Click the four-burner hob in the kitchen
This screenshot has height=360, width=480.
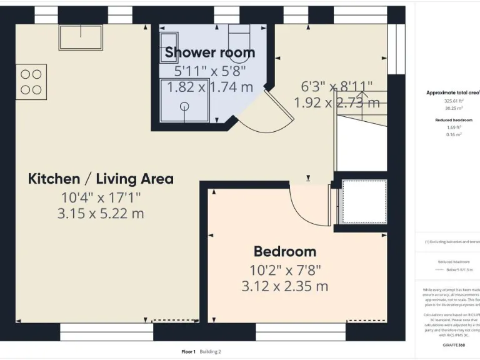coord(29,82)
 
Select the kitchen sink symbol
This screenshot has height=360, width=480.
coord(81,37)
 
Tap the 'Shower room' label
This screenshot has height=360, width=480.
coord(209,53)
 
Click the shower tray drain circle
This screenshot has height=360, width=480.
coord(185,106)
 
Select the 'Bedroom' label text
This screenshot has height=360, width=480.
coord(284,252)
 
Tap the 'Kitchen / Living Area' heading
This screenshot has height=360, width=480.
coord(101,179)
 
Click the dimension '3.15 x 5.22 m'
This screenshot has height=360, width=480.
coord(101,213)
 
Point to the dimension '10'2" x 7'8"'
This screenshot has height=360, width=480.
coord(284,270)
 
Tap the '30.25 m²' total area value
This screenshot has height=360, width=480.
coord(453,107)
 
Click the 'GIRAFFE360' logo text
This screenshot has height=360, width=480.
coord(453,344)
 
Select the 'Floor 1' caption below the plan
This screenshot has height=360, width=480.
coord(188,352)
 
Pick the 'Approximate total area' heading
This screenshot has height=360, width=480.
coord(453,92)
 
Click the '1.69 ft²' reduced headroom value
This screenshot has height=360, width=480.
coord(453,127)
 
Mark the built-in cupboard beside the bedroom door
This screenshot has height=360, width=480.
coord(363,201)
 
